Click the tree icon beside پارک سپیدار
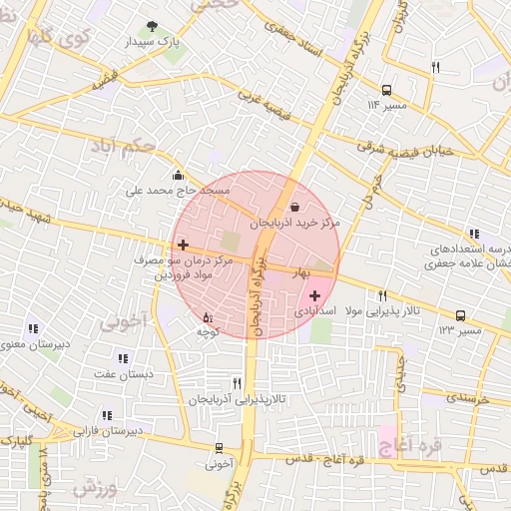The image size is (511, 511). click(152, 26)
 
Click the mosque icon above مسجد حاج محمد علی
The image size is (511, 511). click(178, 175)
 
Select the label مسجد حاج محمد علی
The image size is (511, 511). click(178, 190)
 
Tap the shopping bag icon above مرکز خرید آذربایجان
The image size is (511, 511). click(293, 207)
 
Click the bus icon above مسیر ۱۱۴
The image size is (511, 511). click(387, 90)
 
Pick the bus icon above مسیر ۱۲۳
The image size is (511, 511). click(460, 315)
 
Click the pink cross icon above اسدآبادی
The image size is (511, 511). click(316, 295)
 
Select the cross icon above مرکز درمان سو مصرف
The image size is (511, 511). click(183, 245)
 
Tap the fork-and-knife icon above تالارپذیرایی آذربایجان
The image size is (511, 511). click(237, 382)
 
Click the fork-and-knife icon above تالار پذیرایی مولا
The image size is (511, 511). click(382, 295)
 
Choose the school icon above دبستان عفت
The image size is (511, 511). click(123, 358)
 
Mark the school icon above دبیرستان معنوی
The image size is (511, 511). click(33, 328)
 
